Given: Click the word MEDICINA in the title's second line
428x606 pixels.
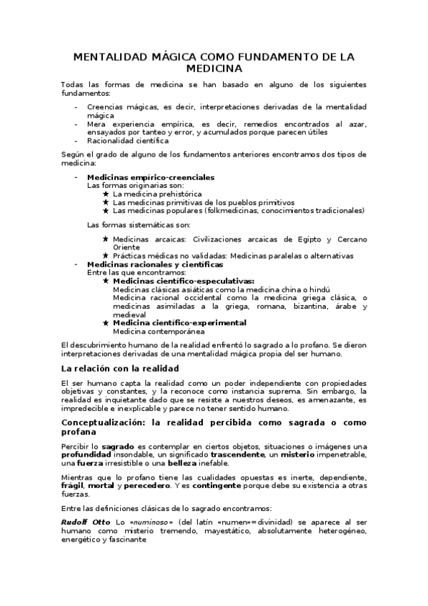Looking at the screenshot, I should [x=214, y=69].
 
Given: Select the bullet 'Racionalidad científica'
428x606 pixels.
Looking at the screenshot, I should [x=123, y=141].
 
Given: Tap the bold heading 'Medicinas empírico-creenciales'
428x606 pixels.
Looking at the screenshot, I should [x=150, y=177].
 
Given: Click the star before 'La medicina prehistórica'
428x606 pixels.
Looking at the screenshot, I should [x=106, y=194].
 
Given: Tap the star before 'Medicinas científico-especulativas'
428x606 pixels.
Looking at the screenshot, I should [x=106, y=281].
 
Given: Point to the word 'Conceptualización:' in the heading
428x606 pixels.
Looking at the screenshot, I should [x=106, y=422].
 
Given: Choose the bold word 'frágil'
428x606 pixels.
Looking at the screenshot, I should [x=71, y=486].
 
